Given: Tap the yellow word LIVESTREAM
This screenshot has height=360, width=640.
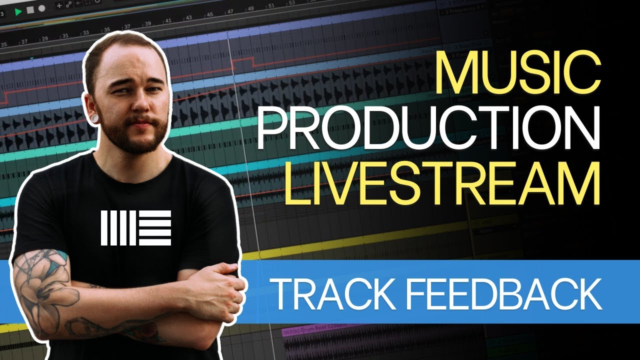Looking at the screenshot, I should click(442, 184).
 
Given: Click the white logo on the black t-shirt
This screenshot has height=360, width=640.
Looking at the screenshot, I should click(136, 227).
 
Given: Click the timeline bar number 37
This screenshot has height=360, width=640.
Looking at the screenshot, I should click(127, 26).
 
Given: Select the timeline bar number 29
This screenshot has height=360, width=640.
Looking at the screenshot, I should click(44, 38).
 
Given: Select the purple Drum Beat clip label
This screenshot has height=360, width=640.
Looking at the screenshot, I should click(305, 332).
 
